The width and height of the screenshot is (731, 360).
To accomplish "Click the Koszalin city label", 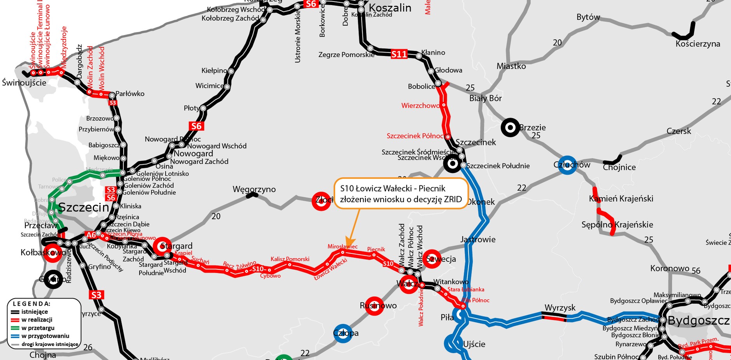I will pyautogui.click(x=390, y=8).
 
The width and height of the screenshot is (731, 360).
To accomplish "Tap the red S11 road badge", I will pyautogui.click(x=399, y=54).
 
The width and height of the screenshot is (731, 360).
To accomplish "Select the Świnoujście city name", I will pyautogui.click(x=24, y=83).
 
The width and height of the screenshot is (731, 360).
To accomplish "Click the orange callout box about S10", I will pyautogui.click(x=400, y=194).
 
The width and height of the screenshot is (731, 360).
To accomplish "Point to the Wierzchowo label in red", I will pyautogui.click(x=420, y=105).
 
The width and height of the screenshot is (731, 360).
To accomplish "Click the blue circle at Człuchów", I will pyautogui.click(x=567, y=165).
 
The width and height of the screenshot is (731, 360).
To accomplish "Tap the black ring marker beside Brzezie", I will pyautogui.click(x=510, y=128).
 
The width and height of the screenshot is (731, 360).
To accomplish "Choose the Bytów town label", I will pyautogui.click(x=588, y=17).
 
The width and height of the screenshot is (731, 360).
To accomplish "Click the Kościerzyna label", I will pyautogui.click(x=698, y=44).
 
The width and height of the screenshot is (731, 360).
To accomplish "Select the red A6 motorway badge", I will pyautogui.click(x=91, y=235).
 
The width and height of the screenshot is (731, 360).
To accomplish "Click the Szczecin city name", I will pyautogui.click(x=84, y=207).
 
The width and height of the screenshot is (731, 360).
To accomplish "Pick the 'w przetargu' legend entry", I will pyautogui.click(x=38, y=328).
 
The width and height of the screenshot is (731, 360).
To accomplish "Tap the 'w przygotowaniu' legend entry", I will pyautogui.click(x=45, y=336).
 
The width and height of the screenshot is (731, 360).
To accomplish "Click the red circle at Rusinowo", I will pyautogui.click(x=374, y=306).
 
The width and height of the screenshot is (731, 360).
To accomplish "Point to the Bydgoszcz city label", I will pyautogui.click(x=698, y=320).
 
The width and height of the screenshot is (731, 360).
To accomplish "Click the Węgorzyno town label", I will pyautogui.click(x=254, y=189).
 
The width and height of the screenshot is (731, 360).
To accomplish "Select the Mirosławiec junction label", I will pyautogui.click(x=342, y=246).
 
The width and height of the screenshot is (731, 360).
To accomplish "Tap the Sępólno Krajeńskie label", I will pyautogui.click(x=617, y=225).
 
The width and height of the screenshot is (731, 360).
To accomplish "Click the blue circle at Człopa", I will pyautogui.click(x=343, y=333).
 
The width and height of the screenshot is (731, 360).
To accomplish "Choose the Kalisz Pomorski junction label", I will pyautogui.click(x=290, y=259).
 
